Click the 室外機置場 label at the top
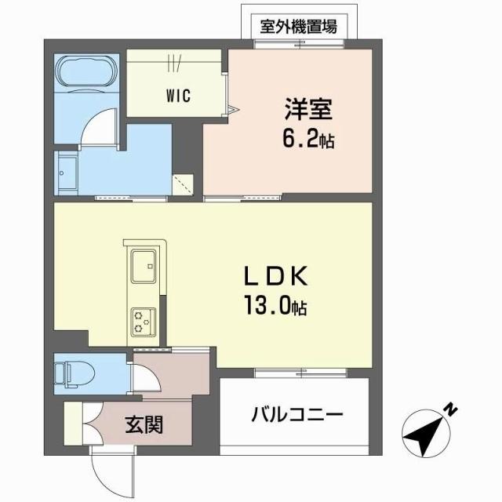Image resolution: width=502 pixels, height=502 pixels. point(299,26)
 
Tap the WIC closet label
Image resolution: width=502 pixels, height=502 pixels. point(177,96)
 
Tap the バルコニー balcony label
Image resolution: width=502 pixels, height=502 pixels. point(296,414)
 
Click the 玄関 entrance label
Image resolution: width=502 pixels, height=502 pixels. point(144,425)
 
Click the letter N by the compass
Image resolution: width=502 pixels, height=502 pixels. point(451,409)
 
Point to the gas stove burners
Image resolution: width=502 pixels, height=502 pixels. point(143,318)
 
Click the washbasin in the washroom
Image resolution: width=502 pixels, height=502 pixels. point(66,168)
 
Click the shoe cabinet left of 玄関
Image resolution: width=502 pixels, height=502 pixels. point(72,424)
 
